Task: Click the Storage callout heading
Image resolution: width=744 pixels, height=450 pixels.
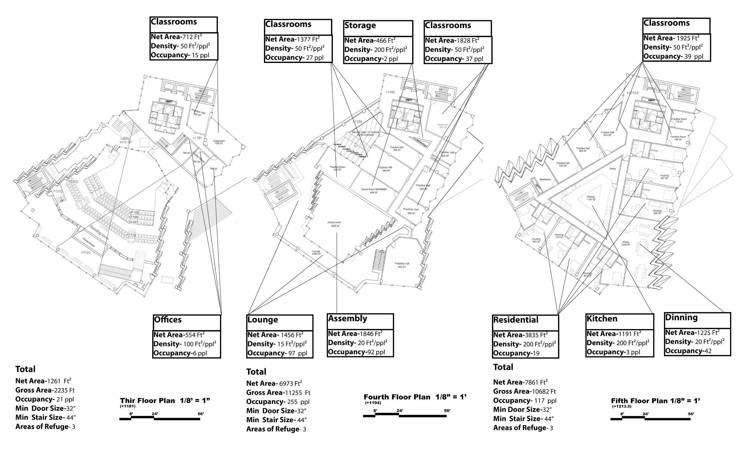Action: [360, 26]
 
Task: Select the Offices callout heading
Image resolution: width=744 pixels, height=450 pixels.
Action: [167, 320]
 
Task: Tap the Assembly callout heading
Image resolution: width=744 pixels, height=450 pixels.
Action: [347, 319]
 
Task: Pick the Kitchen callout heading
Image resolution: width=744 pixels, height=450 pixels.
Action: [602, 319]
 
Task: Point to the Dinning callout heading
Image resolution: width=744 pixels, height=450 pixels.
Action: [682, 318]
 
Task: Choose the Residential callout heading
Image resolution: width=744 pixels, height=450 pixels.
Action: [516, 320]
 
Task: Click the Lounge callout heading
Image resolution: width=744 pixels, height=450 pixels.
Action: [263, 320]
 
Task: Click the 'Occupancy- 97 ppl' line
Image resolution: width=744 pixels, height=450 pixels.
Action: [277, 353]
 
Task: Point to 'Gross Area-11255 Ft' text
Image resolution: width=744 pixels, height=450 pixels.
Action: [278, 393]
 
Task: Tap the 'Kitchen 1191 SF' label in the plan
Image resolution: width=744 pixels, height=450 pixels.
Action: [591, 198]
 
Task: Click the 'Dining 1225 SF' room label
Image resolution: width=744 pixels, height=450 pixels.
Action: [626, 243]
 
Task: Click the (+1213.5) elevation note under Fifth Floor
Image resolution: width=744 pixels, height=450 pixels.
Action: [622, 407]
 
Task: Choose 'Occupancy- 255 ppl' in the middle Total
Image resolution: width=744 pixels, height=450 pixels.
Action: [278, 402]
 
